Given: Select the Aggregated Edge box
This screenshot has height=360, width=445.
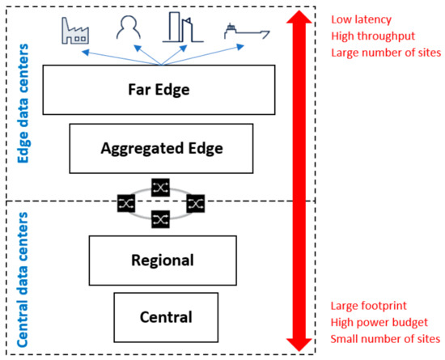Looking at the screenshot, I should pyautogui.click(x=162, y=148).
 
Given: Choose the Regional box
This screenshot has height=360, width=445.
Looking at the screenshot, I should pyautogui.click(x=162, y=260).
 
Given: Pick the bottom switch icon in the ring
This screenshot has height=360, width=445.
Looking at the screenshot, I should pyautogui.click(x=160, y=218).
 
